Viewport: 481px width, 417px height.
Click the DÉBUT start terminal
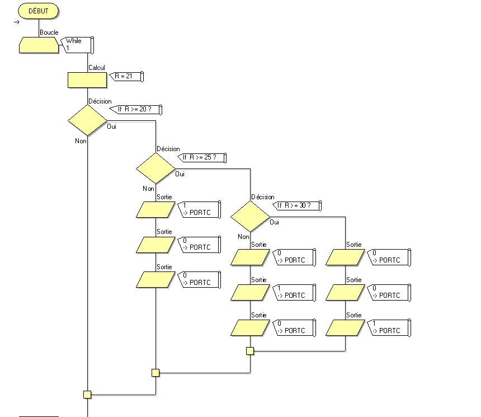[x=39, y=11]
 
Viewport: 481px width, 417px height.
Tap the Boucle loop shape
[x=39, y=45]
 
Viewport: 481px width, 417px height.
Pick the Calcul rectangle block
[x=87, y=80]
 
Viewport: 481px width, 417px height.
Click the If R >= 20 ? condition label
[x=136, y=110]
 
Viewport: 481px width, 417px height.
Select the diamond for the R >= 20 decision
[x=87, y=120]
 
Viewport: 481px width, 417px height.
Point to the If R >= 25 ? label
[x=201, y=158]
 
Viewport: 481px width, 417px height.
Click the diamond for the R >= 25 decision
[x=156, y=168]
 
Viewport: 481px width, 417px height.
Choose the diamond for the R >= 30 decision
[x=251, y=216]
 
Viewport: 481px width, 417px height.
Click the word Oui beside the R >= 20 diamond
[x=112, y=127]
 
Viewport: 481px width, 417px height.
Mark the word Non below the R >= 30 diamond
[x=243, y=237]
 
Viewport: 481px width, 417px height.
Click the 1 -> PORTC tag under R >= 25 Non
[x=199, y=209]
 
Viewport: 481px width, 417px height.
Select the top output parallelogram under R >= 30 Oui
[x=345, y=257]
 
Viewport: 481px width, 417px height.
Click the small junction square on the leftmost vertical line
[x=87, y=394]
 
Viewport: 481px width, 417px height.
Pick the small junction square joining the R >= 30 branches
[x=250, y=351]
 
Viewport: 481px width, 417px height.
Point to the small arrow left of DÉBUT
[x=17, y=22]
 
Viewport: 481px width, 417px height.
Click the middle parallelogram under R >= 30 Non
[x=251, y=292]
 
